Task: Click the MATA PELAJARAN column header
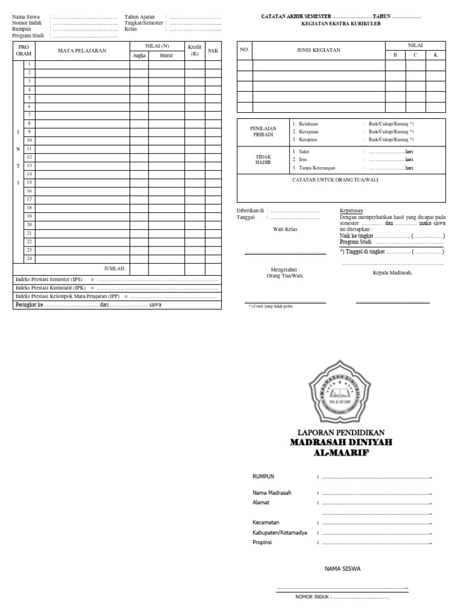[82, 51]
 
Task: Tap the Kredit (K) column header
[195, 50]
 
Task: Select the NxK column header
[213, 51]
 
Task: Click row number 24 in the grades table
[29, 258]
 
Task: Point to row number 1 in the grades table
[29, 64]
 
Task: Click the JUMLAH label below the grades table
[115, 269]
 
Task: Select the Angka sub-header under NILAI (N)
[139, 55]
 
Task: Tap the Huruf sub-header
[166, 55]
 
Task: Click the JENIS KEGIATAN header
[318, 51]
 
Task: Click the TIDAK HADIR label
[263, 160]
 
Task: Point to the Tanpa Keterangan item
[317, 168]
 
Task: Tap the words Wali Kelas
[285, 229]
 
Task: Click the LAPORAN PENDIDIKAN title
[341, 432]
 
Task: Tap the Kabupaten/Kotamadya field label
[280, 532]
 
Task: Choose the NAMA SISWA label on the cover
[342, 569]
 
